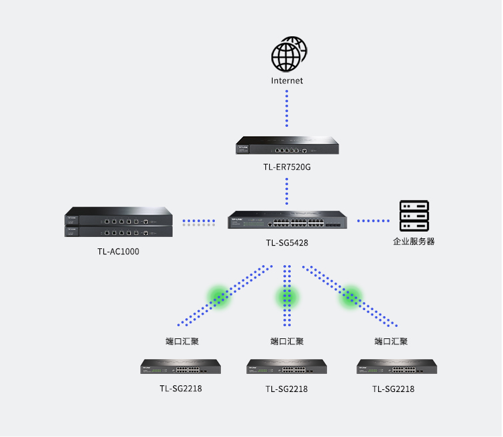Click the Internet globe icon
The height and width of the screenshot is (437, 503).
click(x=288, y=54)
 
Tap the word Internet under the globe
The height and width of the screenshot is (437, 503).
click(x=287, y=81)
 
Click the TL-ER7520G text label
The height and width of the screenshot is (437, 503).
click(x=287, y=167)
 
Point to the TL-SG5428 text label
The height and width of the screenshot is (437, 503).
click(x=287, y=243)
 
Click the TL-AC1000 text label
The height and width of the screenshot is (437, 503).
click(x=118, y=252)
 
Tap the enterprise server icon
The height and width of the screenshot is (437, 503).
click(x=414, y=215)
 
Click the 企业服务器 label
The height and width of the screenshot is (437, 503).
click(x=414, y=241)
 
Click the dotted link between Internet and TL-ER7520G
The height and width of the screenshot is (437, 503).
click(x=287, y=108)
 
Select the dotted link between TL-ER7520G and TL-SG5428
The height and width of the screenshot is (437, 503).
click(x=287, y=192)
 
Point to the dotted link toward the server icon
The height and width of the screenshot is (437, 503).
click(x=373, y=221)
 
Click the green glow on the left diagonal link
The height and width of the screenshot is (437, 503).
click(x=218, y=296)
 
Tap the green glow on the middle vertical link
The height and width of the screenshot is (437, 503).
click(x=287, y=296)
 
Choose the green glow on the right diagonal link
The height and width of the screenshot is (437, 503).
click(x=350, y=296)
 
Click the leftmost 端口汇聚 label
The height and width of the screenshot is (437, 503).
click(x=182, y=341)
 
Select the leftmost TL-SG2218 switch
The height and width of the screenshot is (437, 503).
click(x=181, y=367)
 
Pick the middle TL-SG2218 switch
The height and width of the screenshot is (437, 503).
click(x=287, y=367)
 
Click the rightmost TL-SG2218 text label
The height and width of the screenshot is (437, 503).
click(x=393, y=389)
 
